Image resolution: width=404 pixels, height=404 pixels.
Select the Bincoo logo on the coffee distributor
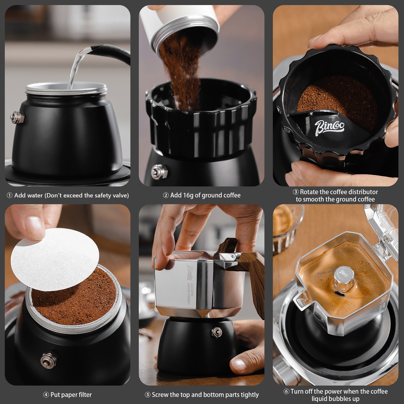329,127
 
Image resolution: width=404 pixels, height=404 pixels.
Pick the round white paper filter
55,259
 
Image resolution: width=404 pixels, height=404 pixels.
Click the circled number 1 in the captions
9,195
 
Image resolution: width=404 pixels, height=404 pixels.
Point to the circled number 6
286,391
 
